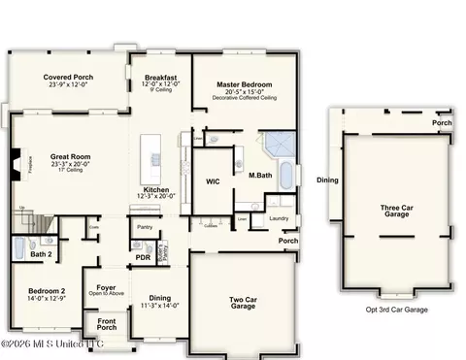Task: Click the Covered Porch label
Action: (x=67, y=77)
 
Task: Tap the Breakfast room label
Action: (x=161, y=77)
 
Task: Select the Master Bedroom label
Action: (x=243, y=84)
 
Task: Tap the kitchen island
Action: (x=151, y=153)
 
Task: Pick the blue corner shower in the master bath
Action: (x=283, y=145)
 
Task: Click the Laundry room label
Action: (x=279, y=219)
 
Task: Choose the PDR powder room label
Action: (x=143, y=257)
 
